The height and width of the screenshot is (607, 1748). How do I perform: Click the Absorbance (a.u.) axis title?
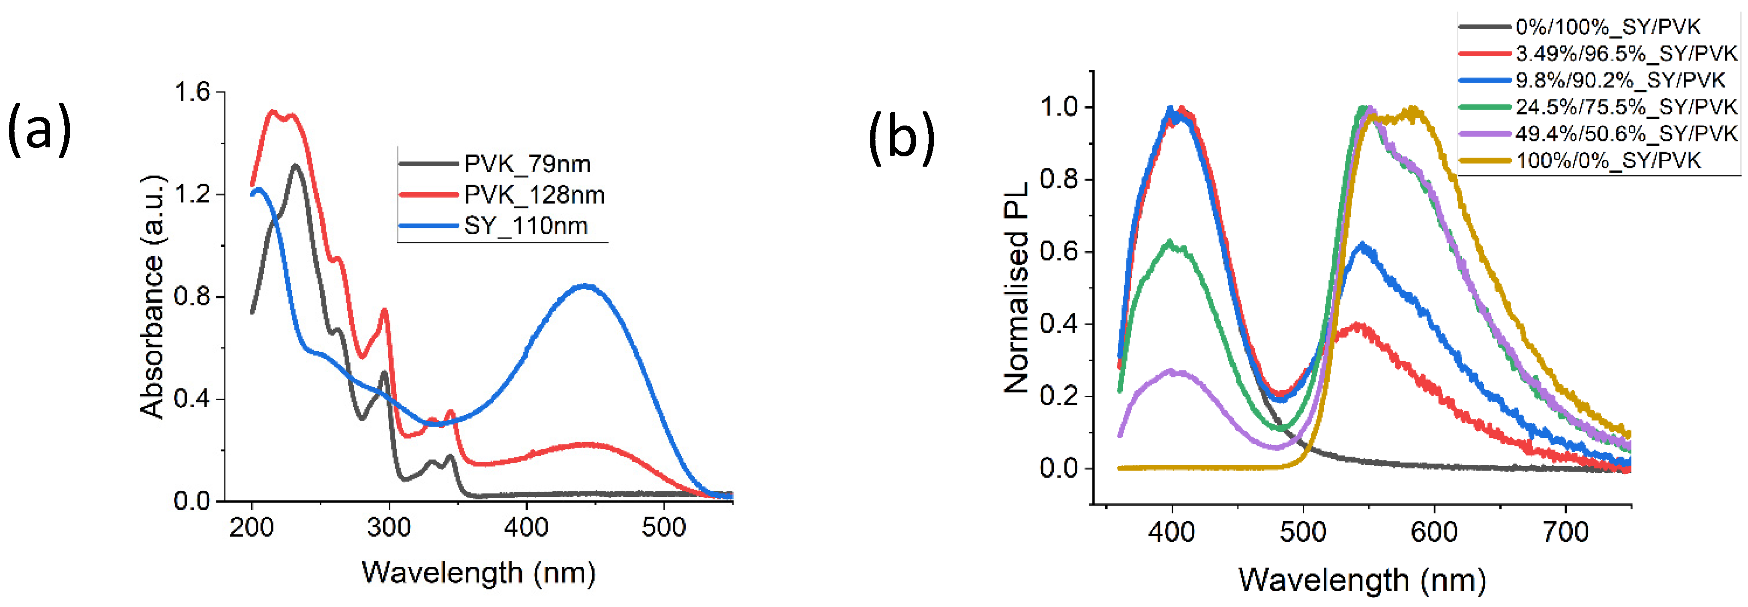tap(152, 297)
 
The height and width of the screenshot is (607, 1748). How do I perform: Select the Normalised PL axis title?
tap(1016, 288)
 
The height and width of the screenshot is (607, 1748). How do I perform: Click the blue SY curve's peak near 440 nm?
tap(585, 286)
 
